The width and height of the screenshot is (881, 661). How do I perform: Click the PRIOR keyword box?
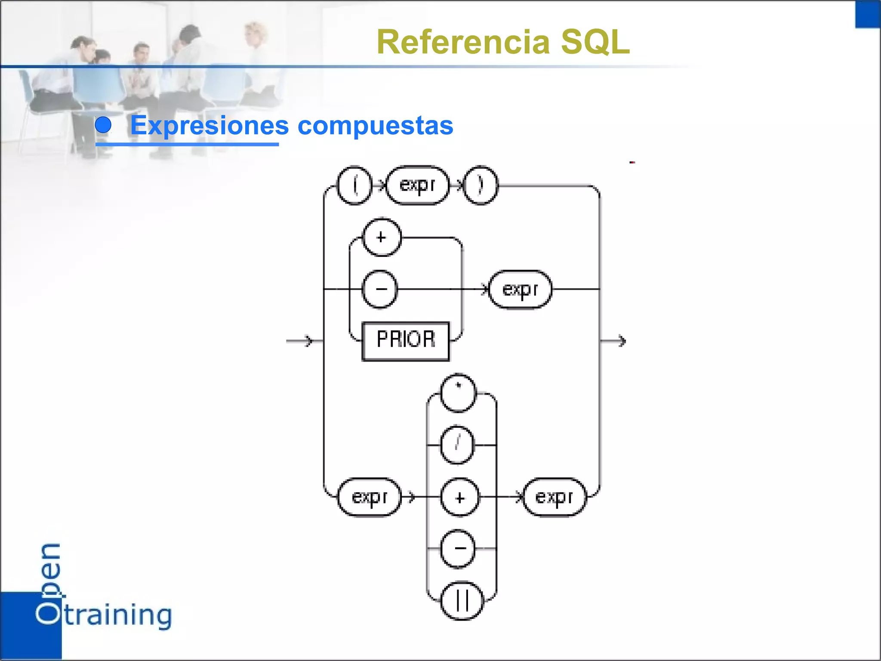405,341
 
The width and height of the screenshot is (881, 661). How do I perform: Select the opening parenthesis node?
354,185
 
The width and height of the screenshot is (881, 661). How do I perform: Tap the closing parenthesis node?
481,185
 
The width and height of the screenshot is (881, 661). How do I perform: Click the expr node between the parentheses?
417,185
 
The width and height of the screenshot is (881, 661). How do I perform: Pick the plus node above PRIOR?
382,238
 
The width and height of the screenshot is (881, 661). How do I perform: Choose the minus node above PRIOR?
380,289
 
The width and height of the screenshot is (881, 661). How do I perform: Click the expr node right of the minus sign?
520,289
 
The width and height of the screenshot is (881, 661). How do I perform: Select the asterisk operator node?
459,393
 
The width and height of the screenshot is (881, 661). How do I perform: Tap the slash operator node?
457,445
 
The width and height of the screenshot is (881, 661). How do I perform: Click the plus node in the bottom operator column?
460,497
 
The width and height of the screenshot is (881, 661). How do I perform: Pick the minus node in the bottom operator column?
459,549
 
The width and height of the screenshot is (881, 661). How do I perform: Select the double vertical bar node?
462,601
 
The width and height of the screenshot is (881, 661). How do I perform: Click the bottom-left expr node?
370,497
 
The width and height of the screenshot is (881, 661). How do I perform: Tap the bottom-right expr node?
554,497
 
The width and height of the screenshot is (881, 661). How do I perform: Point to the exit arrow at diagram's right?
615,341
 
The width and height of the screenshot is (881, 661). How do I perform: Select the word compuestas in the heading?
375,126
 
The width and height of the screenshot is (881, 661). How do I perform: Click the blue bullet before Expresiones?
103,125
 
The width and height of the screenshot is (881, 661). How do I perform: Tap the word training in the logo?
118,615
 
